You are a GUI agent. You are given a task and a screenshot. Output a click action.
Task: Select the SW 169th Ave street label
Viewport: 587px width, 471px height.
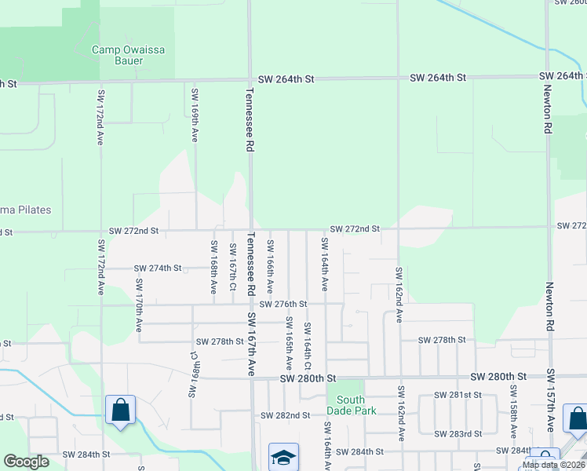195,115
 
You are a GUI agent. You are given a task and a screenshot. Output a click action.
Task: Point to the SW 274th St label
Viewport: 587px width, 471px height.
158,268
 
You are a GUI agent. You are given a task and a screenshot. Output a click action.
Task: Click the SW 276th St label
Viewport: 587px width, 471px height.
283,304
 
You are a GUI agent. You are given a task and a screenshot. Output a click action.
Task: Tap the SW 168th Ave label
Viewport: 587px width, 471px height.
213,267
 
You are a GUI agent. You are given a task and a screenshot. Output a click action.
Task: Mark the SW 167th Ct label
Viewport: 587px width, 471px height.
233,265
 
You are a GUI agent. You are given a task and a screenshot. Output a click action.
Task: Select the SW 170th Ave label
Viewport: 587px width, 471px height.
139,305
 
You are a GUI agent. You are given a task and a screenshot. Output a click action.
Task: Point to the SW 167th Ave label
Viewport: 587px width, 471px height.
253,345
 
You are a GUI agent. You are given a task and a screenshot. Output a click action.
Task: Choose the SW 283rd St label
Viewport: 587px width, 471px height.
461,434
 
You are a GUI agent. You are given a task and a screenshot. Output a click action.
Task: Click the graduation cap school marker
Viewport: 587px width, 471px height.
283,457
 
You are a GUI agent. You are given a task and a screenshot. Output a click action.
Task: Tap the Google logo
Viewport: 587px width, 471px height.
26,462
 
